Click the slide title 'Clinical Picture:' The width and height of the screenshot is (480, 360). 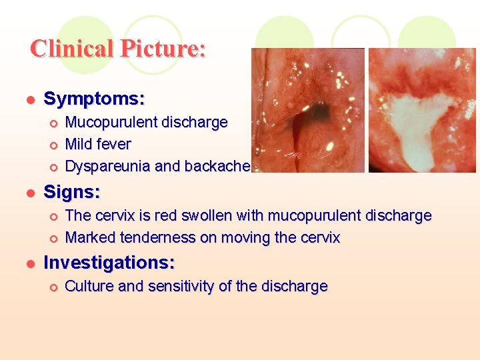pyautogui.click(x=118, y=49)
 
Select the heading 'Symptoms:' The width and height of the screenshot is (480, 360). pyautogui.click(x=94, y=99)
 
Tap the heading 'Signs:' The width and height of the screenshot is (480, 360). pyautogui.click(x=72, y=193)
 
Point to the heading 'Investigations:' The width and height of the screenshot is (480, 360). pyautogui.click(x=109, y=263)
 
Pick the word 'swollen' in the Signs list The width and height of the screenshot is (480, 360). pyautogui.click(x=191, y=215)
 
